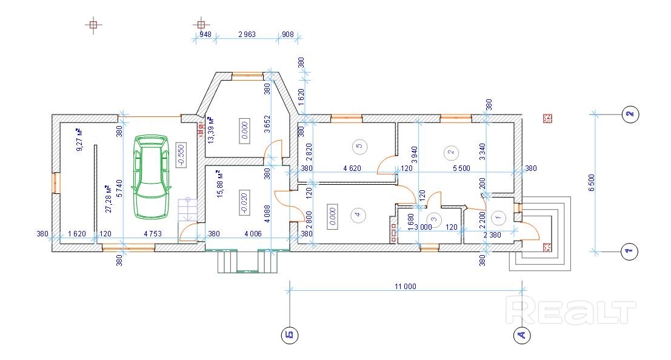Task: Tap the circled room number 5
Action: (x=359, y=146)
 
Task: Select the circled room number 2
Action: (x=450, y=152)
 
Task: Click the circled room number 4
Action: (x=358, y=214)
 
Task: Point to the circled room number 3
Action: (x=433, y=219)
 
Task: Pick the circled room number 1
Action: (x=498, y=218)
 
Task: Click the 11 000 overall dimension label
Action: (x=406, y=287)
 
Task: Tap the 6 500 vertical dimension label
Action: (x=592, y=182)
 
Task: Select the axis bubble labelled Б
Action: (x=290, y=335)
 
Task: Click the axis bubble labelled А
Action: (x=522, y=335)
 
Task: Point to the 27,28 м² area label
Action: (x=108, y=199)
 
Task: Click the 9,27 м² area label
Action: (x=79, y=140)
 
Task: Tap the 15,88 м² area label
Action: (x=221, y=184)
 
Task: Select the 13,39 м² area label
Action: (x=211, y=130)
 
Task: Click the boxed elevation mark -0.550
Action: (x=181, y=155)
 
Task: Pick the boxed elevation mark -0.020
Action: (x=244, y=202)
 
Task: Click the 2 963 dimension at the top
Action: (x=247, y=35)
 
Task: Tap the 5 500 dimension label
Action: (x=461, y=168)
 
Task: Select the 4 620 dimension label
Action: (x=352, y=168)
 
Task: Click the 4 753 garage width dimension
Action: (x=153, y=234)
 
